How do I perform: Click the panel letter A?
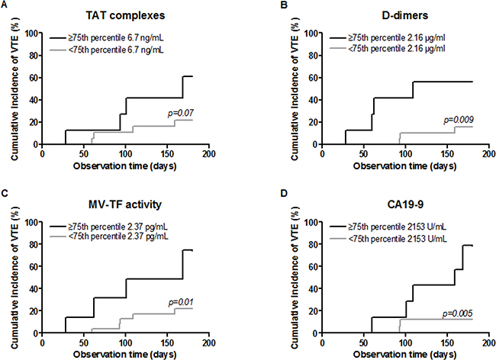[5, 6]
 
